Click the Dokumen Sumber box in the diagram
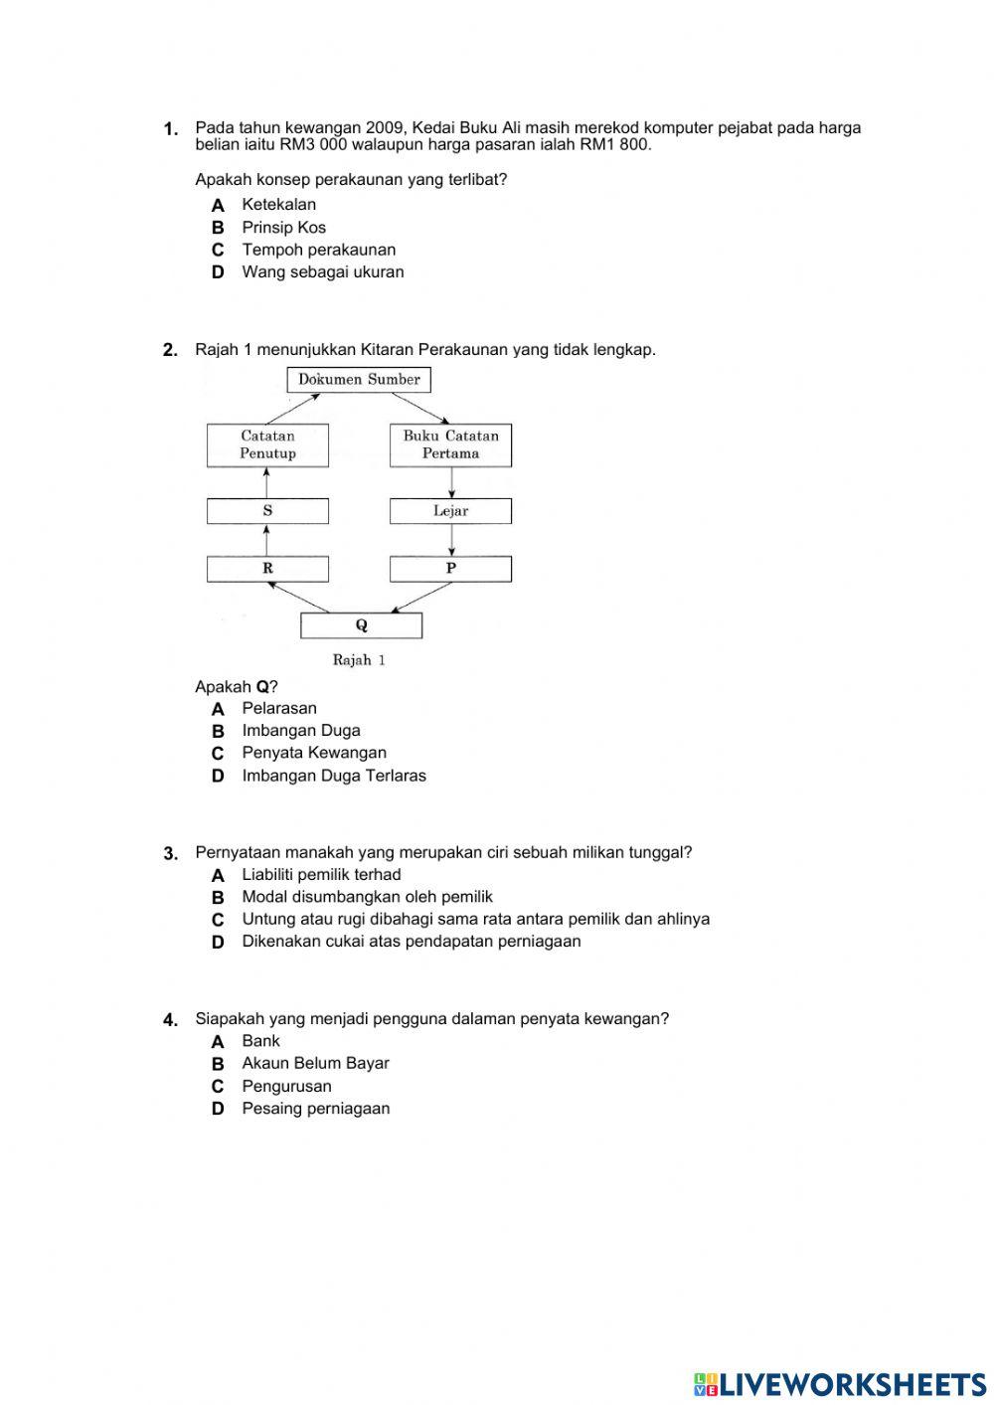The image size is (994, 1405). pyautogui.click(x=359, y=379)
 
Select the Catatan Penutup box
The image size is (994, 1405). pyautogui.click(x=267, y=444)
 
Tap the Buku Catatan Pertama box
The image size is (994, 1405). pyautogui.click(x=450, y=444)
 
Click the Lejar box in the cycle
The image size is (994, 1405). pyautogui.click(x=450, y=511)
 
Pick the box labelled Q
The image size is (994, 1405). pyautogui.click(x=361, y=625)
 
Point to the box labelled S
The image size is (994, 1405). pyautogui.click(x=267, y=511)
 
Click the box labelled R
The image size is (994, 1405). pyautogui.click(x=267, y=569)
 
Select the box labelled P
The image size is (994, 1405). pyautogui.click(x=450, y=569)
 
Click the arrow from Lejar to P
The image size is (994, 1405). pyautogui.click(x=452, y=540)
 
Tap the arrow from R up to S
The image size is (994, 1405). pyautogui.click(x=266, y=540)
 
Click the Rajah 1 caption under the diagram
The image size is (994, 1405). pyautogui.click(x=359, y=660)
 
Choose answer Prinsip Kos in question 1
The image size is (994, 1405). pyautogui.click(x=283, y=228)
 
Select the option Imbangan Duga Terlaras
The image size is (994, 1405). pyautogui.click(x=334, y=776)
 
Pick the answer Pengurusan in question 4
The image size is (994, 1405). pyautogui.click(x=286, y=1086)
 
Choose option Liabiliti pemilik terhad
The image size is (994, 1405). pyautogui.click(x=321, y=875)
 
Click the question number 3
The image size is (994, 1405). pyautogui.click(x=170, y=853)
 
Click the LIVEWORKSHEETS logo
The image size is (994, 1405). pyautogui.click(x=840, y=1383)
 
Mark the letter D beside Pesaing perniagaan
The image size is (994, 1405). pyautogui.click(x=218, y=1109)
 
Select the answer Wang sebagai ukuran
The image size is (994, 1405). pyautogui.click(x=323, y=272)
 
